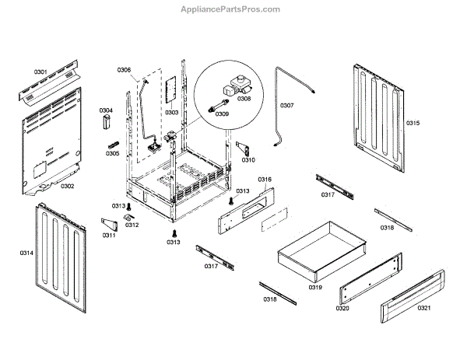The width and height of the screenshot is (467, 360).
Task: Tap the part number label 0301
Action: [x=40, y=72]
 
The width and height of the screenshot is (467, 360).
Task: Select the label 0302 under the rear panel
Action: [x=67, y=186]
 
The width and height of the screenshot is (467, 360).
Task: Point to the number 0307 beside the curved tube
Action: [x=286, y=106]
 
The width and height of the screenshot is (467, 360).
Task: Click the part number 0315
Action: [x=413, y=123]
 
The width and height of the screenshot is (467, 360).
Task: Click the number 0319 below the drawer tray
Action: [x=314, y=288]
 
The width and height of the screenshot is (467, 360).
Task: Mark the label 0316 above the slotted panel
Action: [x=265, y=180]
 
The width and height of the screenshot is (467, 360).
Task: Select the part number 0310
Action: [x=248, y=160]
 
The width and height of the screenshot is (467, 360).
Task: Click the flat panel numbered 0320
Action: [x=370, y=279]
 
